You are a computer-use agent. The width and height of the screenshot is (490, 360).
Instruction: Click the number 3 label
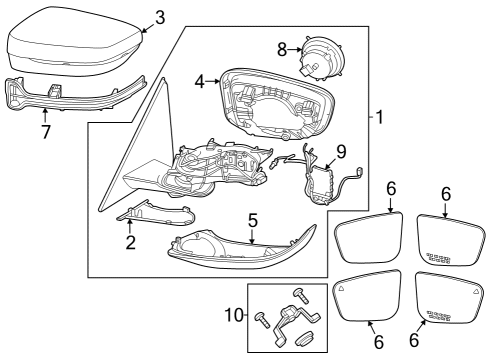point(160,17)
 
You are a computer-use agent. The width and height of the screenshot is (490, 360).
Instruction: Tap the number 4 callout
point(199,83)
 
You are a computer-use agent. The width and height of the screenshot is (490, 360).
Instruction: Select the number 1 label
point(379,117)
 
